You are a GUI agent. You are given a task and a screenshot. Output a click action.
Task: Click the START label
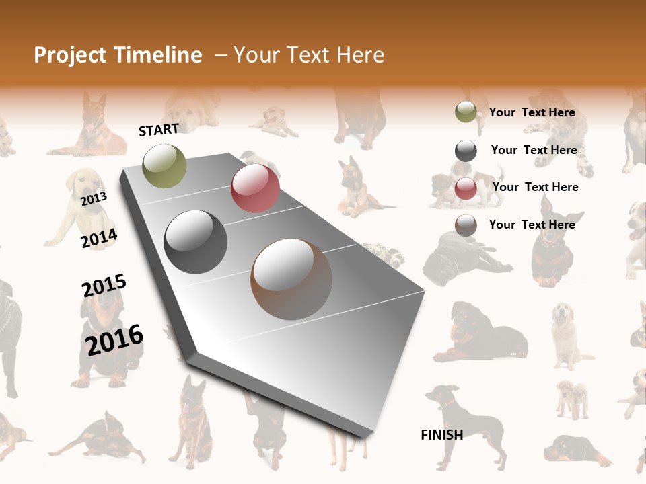tap(159, 130)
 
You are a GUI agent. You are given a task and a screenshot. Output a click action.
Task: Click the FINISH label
tap(442, 435)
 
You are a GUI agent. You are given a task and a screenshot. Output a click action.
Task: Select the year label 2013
tap(94, 198)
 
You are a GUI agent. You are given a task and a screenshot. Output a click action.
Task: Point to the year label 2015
tap(104, 286)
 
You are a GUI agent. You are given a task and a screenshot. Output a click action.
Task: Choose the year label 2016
tap(114, 339)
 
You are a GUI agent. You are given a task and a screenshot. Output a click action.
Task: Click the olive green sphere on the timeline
tap(165, 165)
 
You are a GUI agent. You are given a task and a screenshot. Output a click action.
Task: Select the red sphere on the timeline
tap(255, 188)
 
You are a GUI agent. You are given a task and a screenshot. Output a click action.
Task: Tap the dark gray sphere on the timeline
tap(196, 242)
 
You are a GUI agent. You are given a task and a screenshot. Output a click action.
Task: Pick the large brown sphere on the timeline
tap(291, 278)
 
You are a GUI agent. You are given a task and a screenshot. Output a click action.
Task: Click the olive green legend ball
tap(466, 112)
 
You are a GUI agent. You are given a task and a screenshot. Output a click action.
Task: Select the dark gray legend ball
tap(466, 151)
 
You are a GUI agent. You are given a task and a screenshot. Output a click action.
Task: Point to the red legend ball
tap(466, 188)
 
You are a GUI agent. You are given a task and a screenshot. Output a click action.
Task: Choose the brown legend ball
tap(466, 225)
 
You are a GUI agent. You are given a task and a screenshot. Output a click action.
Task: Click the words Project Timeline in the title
tap(118, 55)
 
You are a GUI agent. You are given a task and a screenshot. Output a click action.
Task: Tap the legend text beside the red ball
tap(535, 187)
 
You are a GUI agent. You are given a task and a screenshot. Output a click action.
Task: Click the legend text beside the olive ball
tap(532, 112)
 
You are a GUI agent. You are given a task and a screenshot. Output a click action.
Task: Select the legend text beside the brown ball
tap(532, 225)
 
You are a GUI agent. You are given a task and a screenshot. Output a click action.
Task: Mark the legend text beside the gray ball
tap(534, 150)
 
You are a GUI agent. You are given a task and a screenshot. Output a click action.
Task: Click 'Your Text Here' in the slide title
tap(309, 55)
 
